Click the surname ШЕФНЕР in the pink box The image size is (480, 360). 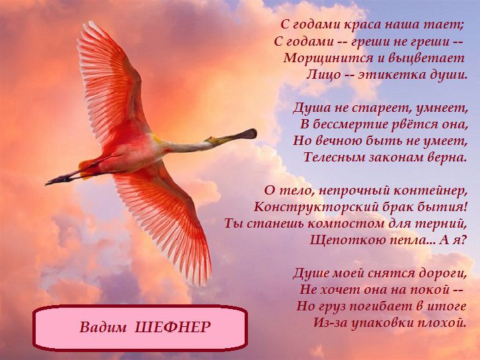(173, 327)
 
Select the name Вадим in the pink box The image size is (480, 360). (103, 327)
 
